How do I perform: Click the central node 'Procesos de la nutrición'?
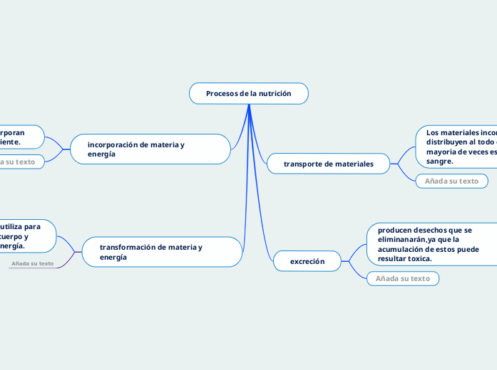coord(248,93)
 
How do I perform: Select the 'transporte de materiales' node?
coord(328,164)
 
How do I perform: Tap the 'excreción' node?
coord(307,262)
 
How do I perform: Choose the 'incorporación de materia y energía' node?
coord(150,149)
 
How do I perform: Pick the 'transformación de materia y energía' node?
coord(161,252)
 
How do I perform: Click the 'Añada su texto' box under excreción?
coord(402,278)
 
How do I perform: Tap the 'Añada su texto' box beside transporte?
coord(451,181)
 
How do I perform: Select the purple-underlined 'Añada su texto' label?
coord(33,264)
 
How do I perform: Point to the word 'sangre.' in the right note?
coord(439,162)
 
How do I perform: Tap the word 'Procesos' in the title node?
coord(222,93)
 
